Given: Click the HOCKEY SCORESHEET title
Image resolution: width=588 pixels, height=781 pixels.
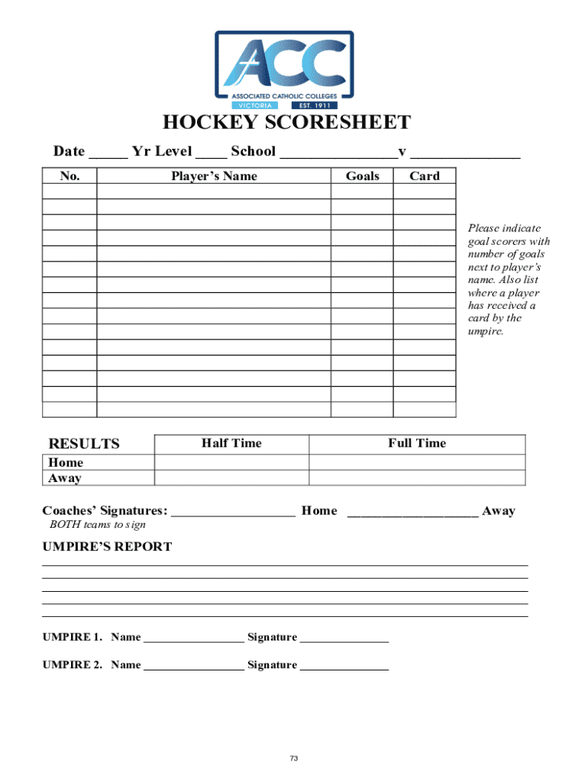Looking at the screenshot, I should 286,124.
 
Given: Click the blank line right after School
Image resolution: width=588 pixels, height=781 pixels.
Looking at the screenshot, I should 337,153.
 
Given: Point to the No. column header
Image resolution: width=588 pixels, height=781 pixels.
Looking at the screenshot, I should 69,176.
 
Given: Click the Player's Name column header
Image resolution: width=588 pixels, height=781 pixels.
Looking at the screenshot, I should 214,176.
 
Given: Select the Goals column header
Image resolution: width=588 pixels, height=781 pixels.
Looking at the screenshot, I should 362,176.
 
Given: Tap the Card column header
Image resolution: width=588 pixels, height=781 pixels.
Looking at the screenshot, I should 425,176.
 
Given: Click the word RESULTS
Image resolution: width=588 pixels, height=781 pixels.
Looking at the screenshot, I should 84,444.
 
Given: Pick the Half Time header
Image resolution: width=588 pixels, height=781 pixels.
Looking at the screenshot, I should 231,443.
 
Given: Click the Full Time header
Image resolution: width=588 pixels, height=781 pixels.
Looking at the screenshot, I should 417,443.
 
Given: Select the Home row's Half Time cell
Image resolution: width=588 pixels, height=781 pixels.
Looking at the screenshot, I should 231,462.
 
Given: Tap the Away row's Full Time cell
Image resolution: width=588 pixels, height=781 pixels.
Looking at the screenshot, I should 417,478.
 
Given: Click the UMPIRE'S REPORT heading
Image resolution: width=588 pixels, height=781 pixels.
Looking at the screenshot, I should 107,547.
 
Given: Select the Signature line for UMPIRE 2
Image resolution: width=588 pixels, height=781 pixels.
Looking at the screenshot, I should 344,666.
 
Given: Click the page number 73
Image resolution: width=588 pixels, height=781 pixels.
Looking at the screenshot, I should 293,758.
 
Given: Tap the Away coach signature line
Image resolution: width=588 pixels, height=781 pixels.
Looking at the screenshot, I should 413,513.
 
